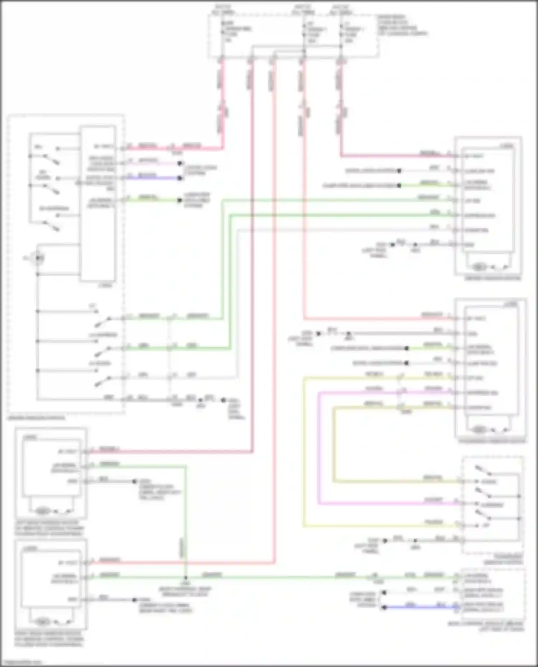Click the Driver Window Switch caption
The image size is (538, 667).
pyautogui.click(x=36, y=418)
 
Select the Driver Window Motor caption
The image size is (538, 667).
pyautogui.click(x=492, y=278)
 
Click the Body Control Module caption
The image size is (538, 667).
pyautogui.click(x=486, y=626)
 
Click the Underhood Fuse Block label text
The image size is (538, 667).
pyautogui.click(x=402, y=25)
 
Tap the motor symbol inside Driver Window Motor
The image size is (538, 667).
pyautogui.click(x=479, y=267)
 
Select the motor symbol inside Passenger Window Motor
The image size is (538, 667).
pyautogui.click(x=479, y=429)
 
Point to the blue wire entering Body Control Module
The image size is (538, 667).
pyautogui.click(x=423, y=607)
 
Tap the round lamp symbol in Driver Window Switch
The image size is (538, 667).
pyautogui.click(x=38, y=258)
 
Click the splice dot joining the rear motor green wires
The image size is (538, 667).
pyautogui.click(x=185, y=578)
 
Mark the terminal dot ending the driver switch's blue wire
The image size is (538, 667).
pyautogui.click(x=180, y=178)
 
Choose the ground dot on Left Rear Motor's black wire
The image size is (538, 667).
pyautogui.click(x=135, y=481)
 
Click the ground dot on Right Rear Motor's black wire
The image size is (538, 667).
pyautogui.click(x=134, y=600)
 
